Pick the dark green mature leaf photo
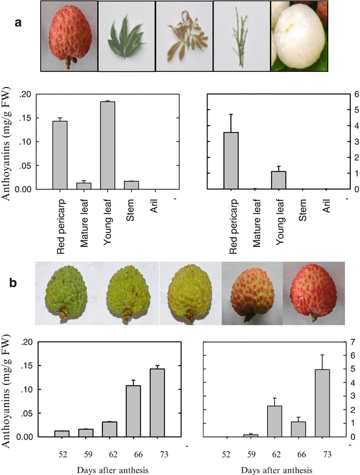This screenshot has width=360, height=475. tap(125, 36)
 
